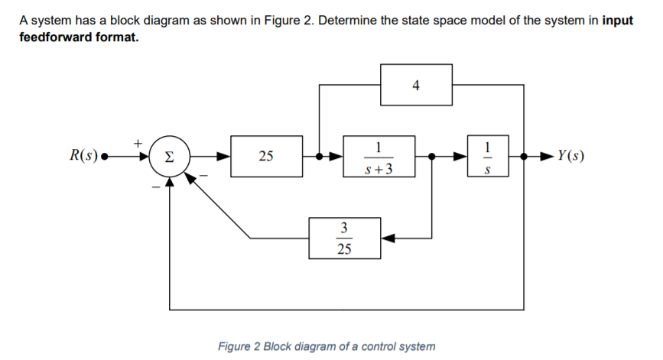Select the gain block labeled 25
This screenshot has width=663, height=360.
(x=265, y=157)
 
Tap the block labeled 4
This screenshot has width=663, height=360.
(x=415, y=85)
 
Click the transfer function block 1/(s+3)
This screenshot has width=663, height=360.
(x=379, y=157)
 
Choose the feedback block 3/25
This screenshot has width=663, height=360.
(x=344, y=238)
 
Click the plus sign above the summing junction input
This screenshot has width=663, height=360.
(x=138, y=142)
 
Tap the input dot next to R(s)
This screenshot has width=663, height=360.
(x=105, y=157)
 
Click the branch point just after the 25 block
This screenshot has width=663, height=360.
(x=319, y=157)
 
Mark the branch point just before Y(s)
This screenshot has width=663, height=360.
(x=523, y=157)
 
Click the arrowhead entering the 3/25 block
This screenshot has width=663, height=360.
(x=388, y=238)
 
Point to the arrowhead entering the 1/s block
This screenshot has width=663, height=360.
(x=463, y=157)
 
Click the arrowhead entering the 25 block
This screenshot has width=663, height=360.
(x=225, y=157)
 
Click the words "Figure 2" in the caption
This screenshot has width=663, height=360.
(x=239, y=346)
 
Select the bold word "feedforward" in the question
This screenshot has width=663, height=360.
(x=54, y=37)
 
